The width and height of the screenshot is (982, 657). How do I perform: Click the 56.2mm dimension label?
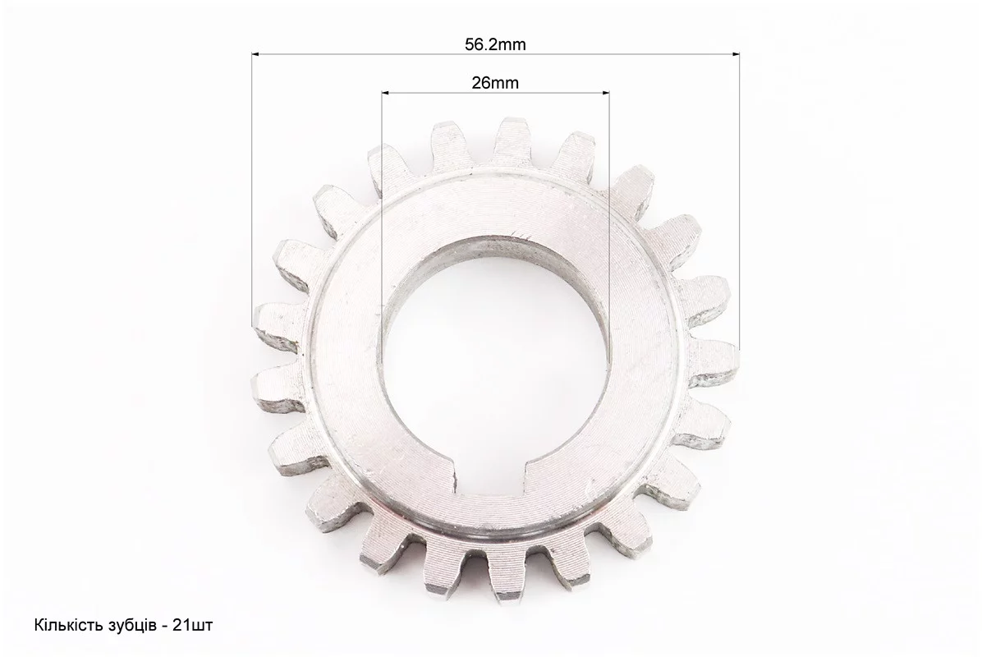pyautogui.click(x=495, y=44)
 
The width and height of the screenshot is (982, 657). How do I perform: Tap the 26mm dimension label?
pyautogui.click(x=495, y=83)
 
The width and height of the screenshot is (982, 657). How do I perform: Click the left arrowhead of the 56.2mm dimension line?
pyautogui.click(x=255, y=54)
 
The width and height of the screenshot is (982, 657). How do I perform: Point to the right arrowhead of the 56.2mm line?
pyautogui.click(x=735, y=54)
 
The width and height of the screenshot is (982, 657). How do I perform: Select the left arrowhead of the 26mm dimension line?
pyautogui.click(x=385, y=93)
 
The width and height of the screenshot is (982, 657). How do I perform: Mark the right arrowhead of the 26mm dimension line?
pyautogui.click(x=606, y=93)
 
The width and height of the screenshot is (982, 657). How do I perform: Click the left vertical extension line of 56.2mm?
pyautogui.click(x=252, y=189)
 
